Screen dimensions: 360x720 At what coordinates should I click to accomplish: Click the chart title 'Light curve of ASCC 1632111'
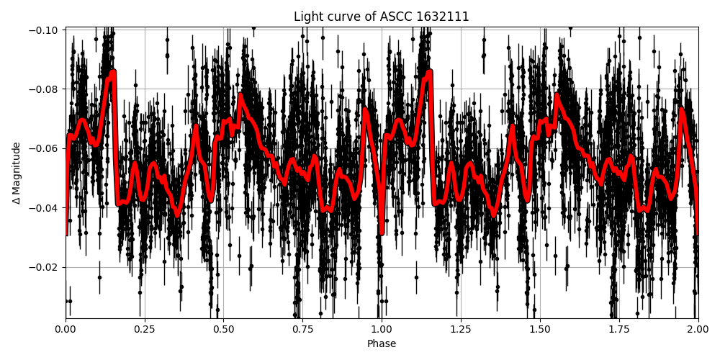click(382, 17)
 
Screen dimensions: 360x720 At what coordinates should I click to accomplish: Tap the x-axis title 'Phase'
click(382, 344)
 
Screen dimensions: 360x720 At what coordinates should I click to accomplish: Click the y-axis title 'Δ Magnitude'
click(17, 173)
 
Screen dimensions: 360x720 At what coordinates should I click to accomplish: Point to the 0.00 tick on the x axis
click(66, 330)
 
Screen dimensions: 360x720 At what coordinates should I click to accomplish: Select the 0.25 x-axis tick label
click(145, 330)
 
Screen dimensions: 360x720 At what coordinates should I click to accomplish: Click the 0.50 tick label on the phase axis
click(223, 330)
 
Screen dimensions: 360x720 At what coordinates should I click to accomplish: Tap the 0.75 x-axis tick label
click(302, 330)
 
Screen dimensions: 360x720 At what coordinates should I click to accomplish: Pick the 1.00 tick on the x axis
click(382, 330)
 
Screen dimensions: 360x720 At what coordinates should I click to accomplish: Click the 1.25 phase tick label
click(461, 330)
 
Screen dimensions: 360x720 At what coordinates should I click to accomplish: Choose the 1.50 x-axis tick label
click(540, 330)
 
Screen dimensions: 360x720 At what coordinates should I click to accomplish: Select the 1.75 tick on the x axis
click(618, 330)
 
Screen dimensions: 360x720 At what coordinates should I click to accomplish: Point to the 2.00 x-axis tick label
click(698, 330)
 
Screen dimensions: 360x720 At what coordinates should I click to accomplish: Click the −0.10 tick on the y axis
click(45, 30)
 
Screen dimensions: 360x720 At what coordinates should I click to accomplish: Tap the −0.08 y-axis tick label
click(45, 89)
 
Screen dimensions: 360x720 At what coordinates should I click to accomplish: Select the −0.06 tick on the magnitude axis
click(45, 148)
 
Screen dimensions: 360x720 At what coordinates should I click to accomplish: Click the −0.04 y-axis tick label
click(45, 208)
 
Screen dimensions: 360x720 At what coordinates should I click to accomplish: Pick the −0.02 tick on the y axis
click(45, 267)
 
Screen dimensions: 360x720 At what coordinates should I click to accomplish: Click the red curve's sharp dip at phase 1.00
click(382, 232)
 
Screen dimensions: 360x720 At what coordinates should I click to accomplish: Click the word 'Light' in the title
click(307, 17)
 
